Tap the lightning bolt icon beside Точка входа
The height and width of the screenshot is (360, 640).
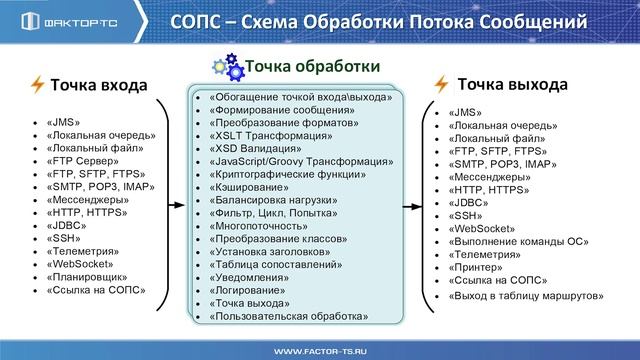click(x=37, y=84)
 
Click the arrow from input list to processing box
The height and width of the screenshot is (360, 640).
click(x=176, y=207)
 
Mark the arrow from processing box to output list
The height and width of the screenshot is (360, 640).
click(x=411, y=207)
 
